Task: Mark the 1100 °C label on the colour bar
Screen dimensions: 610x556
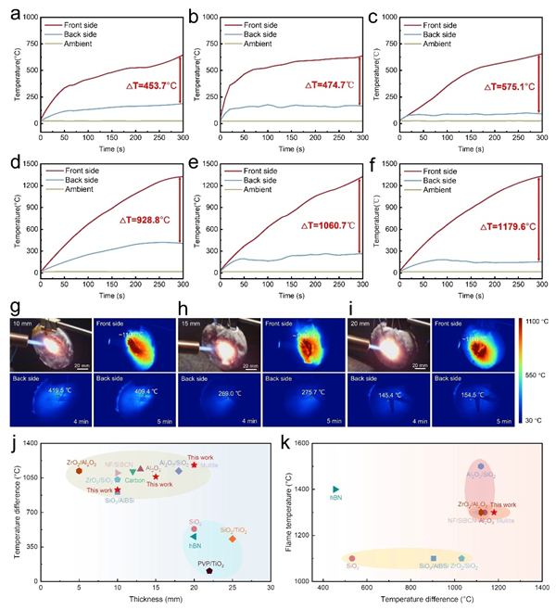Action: point(537,318)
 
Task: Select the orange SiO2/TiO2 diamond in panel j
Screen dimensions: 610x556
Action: point(233,539)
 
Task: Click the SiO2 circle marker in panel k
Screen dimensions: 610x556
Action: point(352,558)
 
